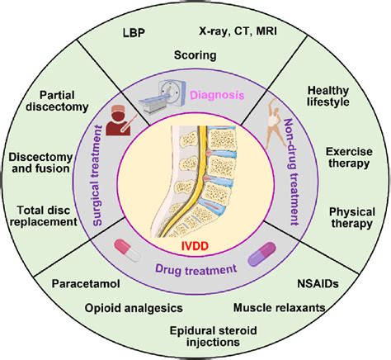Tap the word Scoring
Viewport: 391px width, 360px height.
[x=195, y=56]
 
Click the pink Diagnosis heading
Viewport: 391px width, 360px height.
[x=218, y=96]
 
